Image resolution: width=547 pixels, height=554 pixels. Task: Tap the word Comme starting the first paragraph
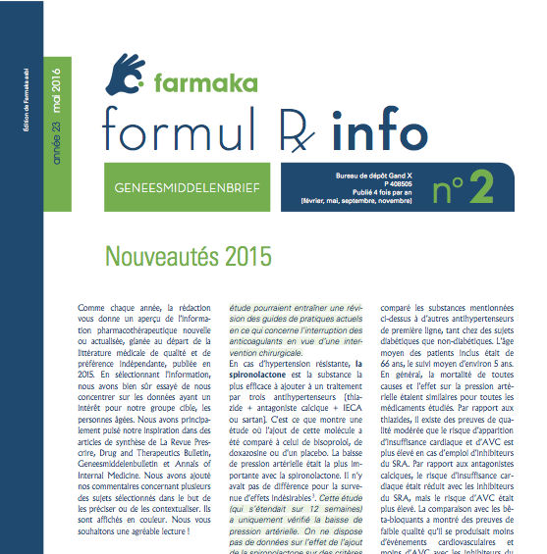90,308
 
